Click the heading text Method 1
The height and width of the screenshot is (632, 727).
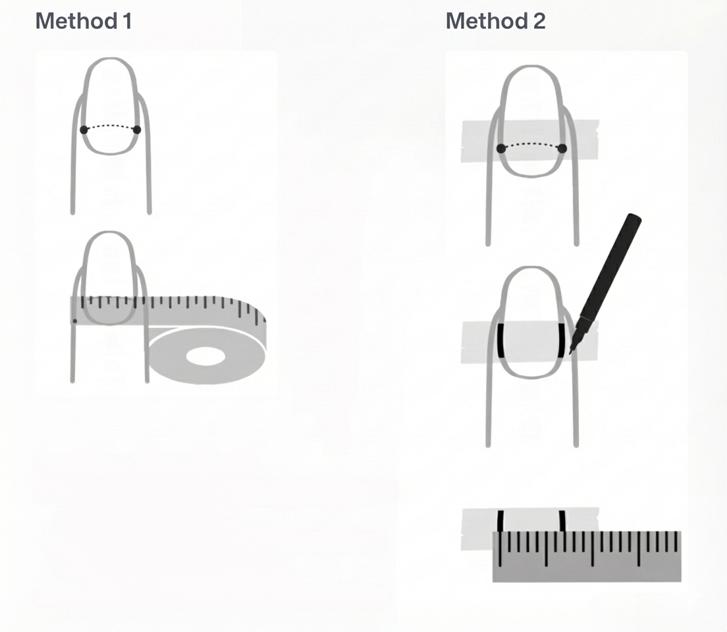[84, 21]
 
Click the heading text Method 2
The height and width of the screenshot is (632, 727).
[495, 21]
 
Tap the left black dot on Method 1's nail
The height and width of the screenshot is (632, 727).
[84, 130]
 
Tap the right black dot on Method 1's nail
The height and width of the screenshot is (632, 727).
[137, 130]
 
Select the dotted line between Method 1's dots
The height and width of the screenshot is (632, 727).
[110, 126]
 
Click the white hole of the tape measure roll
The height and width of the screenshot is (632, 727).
[205, 357]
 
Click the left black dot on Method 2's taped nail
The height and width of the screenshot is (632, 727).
[501, 148]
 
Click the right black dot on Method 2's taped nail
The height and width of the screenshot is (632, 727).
[562, 148]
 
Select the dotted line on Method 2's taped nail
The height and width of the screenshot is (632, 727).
[531, 144]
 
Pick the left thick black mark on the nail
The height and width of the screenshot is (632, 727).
[501, 340]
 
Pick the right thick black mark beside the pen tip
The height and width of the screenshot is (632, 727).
[562, 340]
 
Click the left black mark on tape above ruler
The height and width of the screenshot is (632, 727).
[500, 521]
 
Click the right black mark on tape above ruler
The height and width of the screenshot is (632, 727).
[562, 521]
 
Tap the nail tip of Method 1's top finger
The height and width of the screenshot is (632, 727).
[110, 61]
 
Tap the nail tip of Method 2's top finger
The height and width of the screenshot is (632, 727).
[532, 68]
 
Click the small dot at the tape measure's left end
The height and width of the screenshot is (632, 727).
[74, 321]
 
